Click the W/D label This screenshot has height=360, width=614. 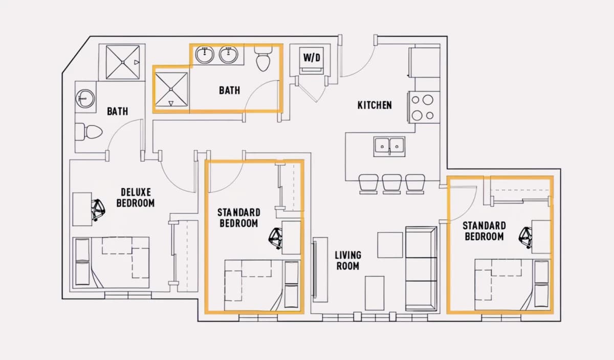pyautogui.click(x=312, y=58)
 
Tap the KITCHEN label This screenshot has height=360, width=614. pyautogui.click(x=375, y=105)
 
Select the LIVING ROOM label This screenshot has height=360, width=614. pyautogui.click(x=348, y=261)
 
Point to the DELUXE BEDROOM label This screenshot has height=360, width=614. pyautogui.click(x=136, y=197)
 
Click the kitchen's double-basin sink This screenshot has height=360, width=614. pyautogui.click(x=389, y=147)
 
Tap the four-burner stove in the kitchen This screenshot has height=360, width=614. pyautogui.click(x=424, y=107)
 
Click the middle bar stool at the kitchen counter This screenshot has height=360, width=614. pyautogui.click(x=392, y=184)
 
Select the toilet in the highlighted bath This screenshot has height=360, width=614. pyautogui.click(x=263, y=59)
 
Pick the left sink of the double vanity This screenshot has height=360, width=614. pyautogui.click(x=205, y=55)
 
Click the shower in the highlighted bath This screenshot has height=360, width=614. pyautogui.click(x=171, y=89)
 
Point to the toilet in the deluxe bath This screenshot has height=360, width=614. pyautogui.click(x=89, y=132)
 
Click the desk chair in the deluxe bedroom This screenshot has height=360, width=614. pyautogui.click(x=98, y=210)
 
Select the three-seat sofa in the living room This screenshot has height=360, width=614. pyautogui.click(x=421, y=269)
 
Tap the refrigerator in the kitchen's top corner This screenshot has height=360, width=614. pyautogui.click(x=424, y=62)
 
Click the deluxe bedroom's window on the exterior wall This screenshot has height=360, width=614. pyautogui.click(x=128, y=295)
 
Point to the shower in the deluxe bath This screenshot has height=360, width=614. pyautogui.click(x=123, y=62)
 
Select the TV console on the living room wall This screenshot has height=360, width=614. pyautogui.click(x=320, y=270)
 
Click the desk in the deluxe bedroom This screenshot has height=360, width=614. pyautogui.click(x=82, y=209)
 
